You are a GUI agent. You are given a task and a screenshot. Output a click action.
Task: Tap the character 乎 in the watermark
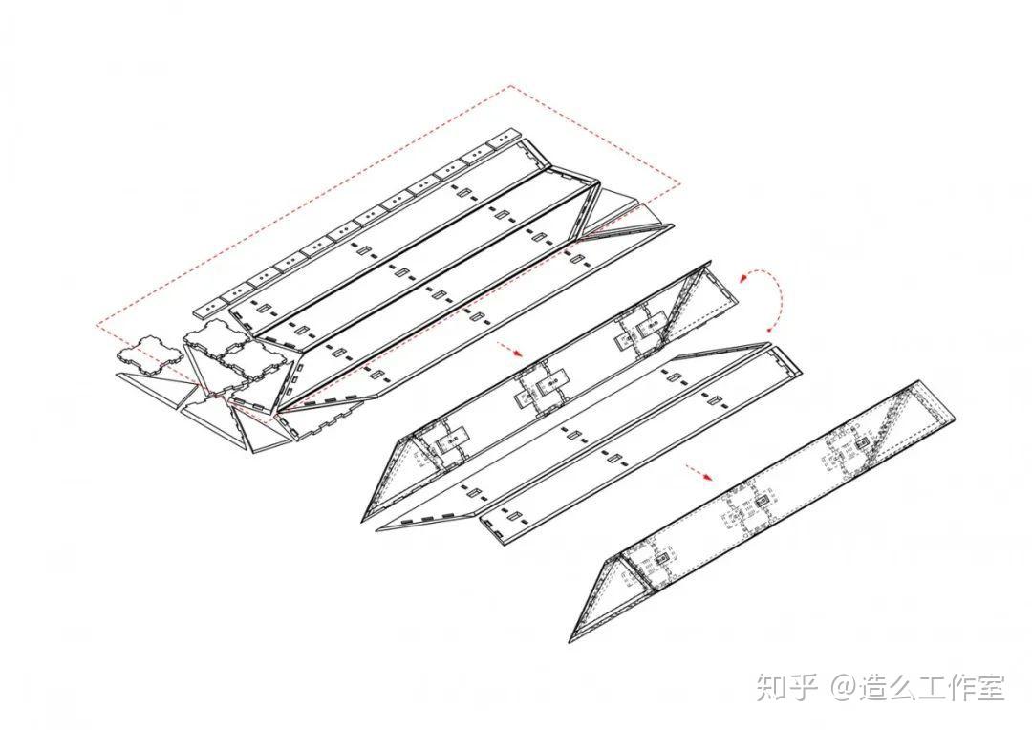(803, 686)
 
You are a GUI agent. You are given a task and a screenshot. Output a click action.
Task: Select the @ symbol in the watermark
(842, 687)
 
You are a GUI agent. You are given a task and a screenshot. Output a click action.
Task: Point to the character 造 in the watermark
(878, 686)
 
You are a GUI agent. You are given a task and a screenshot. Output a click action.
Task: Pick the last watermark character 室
(990, 686)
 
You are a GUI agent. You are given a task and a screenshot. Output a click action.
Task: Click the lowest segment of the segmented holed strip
(207, 308)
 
